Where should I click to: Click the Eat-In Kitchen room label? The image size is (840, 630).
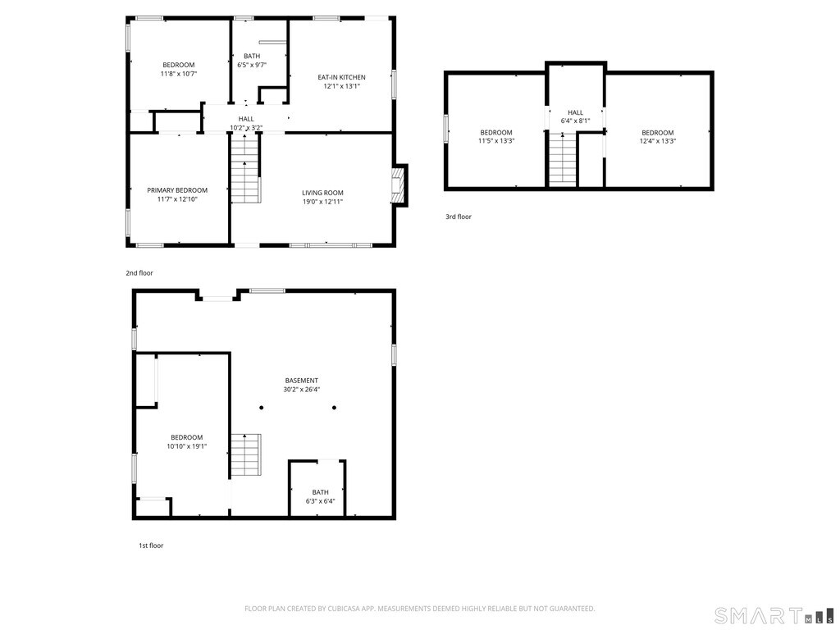341,77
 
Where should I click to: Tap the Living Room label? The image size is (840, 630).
322,193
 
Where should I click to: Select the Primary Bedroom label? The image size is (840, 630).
177,190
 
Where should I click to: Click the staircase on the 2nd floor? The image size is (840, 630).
245,168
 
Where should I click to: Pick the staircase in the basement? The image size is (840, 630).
246,454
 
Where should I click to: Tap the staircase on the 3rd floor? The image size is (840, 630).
563,160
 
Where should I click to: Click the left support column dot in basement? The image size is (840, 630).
262,408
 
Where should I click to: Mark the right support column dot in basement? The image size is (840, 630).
335,408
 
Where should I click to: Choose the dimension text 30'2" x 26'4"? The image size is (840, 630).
302,390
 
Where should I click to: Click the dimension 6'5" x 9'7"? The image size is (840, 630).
252,65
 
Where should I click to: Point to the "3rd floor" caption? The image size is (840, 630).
459,217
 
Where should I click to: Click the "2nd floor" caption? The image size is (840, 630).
139,273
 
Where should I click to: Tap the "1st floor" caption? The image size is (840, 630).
151,546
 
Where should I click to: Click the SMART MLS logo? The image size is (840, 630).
774,616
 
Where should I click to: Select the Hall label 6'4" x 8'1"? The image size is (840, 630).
575,116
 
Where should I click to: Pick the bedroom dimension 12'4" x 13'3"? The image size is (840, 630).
658,141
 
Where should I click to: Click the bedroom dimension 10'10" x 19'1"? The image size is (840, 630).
187,446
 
